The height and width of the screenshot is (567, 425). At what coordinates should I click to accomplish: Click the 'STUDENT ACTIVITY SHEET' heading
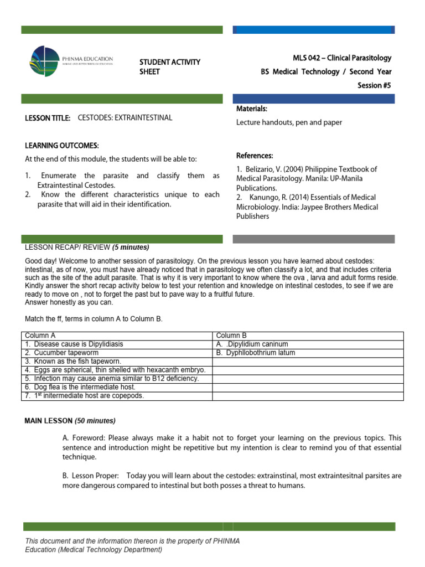pyautogui.click(x=169, y=66)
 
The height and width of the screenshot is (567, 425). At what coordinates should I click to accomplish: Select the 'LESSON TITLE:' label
pyautogui.click(x=48, y=118)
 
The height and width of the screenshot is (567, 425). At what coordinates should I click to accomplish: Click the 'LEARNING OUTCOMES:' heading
pyautogui.click(x=62, y=146)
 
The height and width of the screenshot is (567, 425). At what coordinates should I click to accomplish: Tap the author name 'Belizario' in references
pyautogui.click(x=260, y=169)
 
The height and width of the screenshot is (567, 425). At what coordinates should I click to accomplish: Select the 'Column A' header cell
pyautogui.click(x=41, y=336)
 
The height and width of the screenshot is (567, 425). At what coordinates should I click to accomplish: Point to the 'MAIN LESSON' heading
pyautogui.click(x=48, y=421)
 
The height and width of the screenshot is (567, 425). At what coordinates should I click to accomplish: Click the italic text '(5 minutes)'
pyautogui.click(x=131, y=247)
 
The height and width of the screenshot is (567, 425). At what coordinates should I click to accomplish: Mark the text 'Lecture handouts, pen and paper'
pyautogui.click(x=289, y=122)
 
